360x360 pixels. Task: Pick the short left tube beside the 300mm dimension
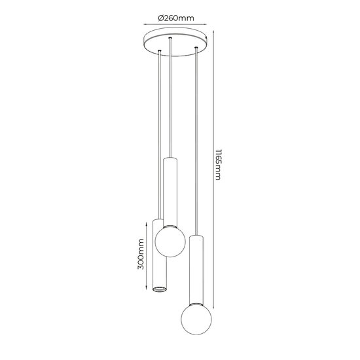(x=158, y=255)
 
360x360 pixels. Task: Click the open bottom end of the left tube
(x=158, y=287)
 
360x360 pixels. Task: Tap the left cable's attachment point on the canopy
(x=159, y=50)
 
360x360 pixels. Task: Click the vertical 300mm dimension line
(x=146, y=255)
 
